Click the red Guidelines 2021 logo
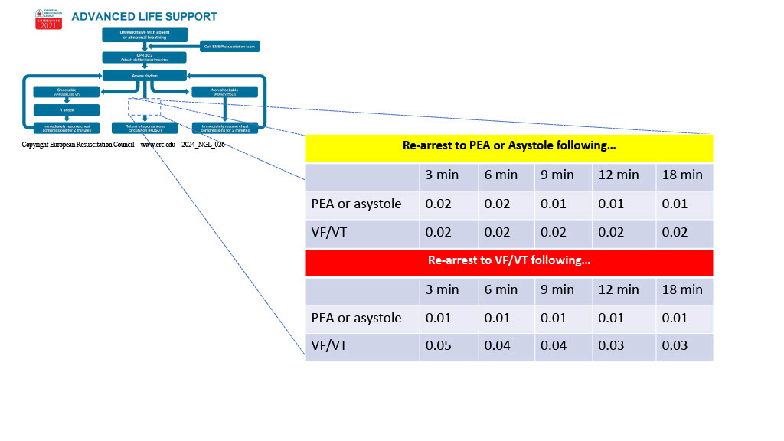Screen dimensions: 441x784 point(48,20)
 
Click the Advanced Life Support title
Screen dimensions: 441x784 point(144,17)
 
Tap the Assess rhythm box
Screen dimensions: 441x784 point(144,75)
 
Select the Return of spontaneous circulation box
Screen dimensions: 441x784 point(145,128)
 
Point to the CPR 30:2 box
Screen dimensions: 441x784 point(144,57)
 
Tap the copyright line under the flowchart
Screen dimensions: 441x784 point(122,144)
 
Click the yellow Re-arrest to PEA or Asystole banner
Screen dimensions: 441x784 point(509,145)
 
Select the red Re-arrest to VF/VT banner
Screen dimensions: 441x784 point(509,261)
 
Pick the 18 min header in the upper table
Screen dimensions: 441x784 point(682,175)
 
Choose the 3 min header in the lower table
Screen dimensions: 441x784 point(442,289)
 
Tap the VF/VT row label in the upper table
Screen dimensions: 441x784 point(329,232)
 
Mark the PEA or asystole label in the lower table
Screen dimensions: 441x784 point(356,318)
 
